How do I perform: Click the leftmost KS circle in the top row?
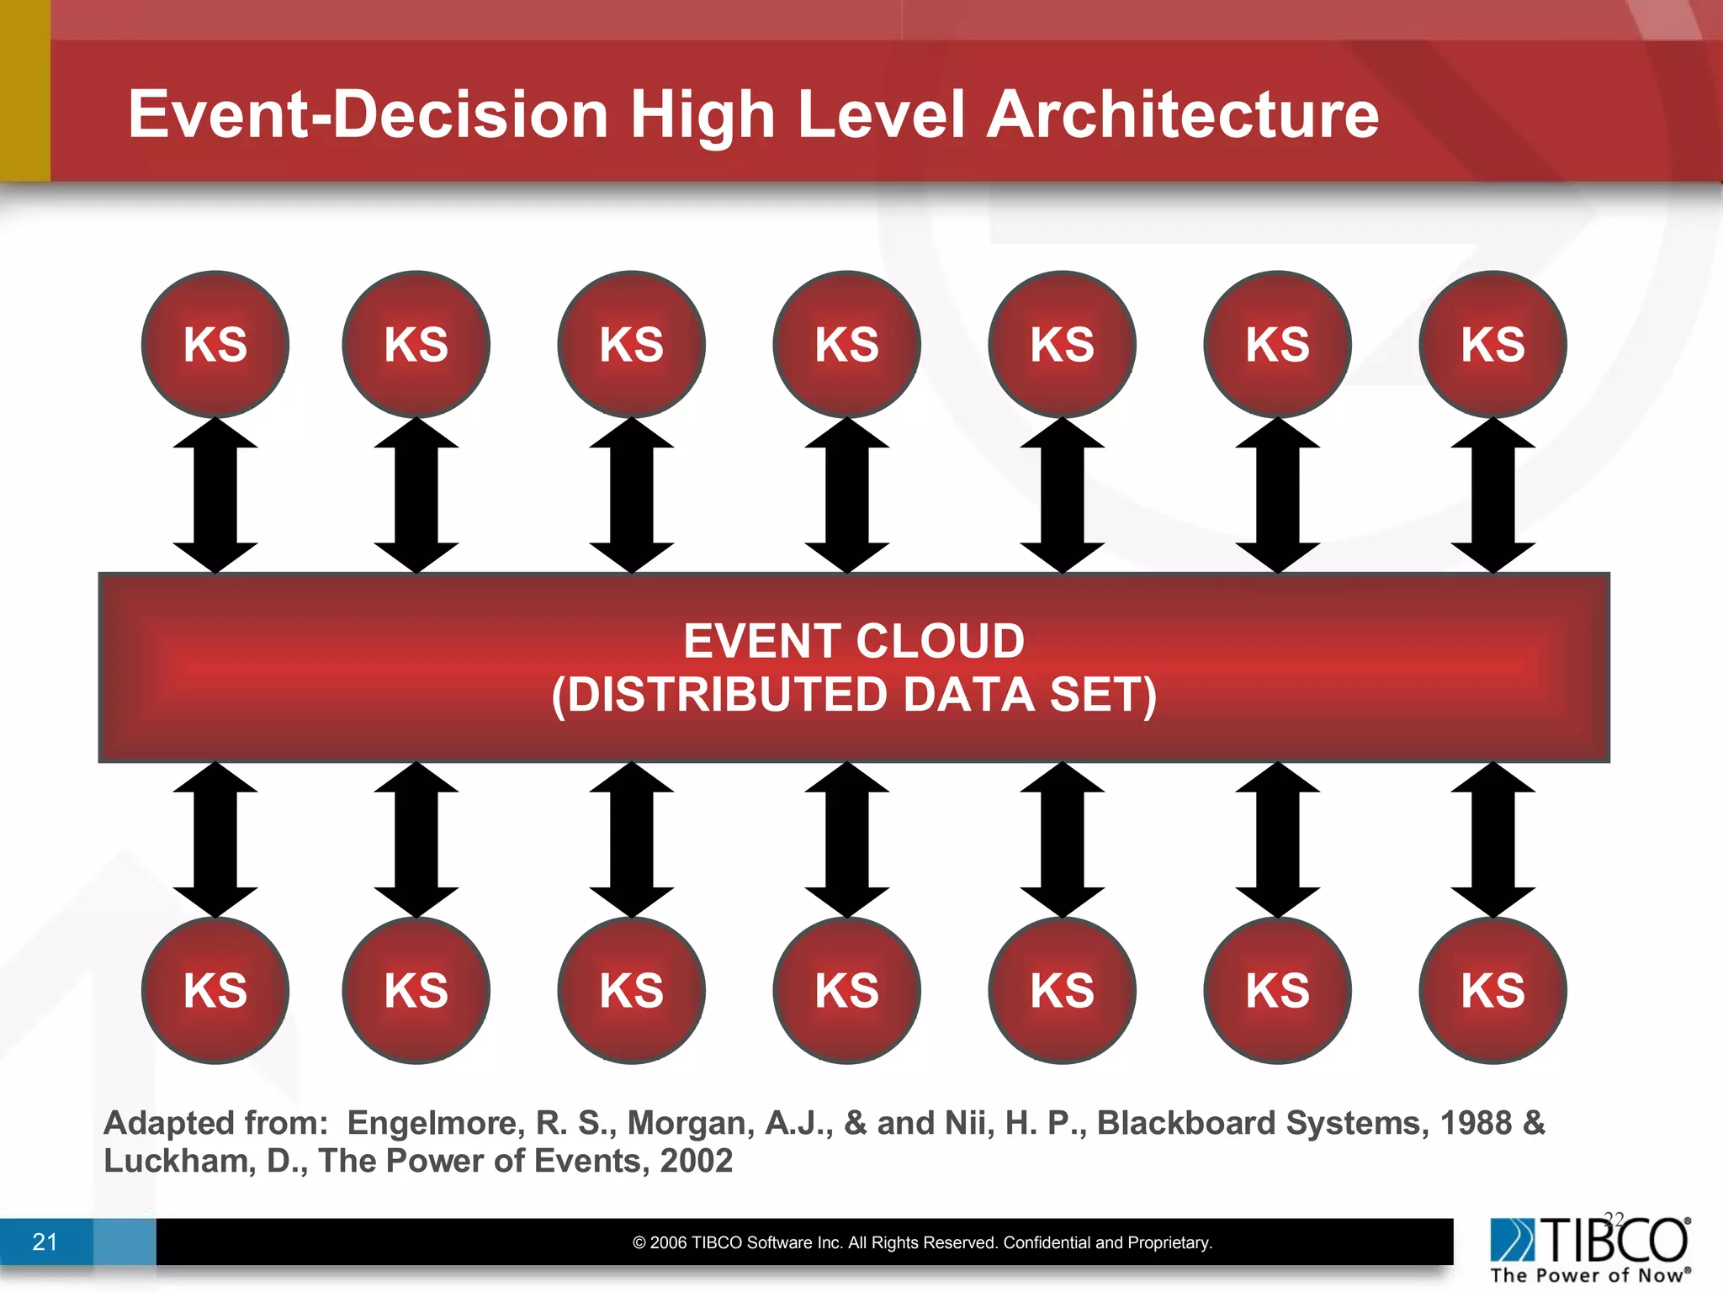pyautogui.click(x=215, y=344)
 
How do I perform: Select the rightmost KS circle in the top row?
pyautogui.click(x=1492, y=344)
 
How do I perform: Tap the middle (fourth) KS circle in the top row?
pyautogui.click(x=846, y=344)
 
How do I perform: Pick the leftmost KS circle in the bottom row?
pyautogui.click(x=215, y=990)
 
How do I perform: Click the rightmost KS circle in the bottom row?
pyautogui.click(x=1492, y=990)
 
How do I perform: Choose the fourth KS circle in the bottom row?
pyautogui.click(x=846, y=990)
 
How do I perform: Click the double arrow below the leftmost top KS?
pyautogui.click(x=215, y=495)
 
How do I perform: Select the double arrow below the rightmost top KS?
pyautogui.click(x=1492, y=495)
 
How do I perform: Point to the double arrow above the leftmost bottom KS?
pyautogui.click(x=215, y=839)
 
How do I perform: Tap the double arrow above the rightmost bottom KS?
pyautogui.click(x=1492, y=839)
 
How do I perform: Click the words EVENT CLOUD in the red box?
pyautogui.click(x=854, y=641)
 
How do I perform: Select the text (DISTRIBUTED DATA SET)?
pyautogui.click(x=854, y=696)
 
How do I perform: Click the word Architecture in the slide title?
pyautogui.click(x=1182, y=114)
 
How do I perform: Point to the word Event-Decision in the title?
pyautogui.click(x=368, y=114)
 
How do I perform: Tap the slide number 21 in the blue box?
pyautogui.click(x=45, y=1242)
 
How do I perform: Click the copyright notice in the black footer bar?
pyautogui.click(x=922, y=1242)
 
